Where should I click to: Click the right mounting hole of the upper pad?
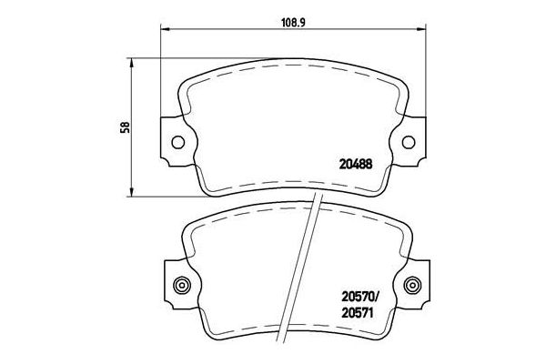coord(409,141)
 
